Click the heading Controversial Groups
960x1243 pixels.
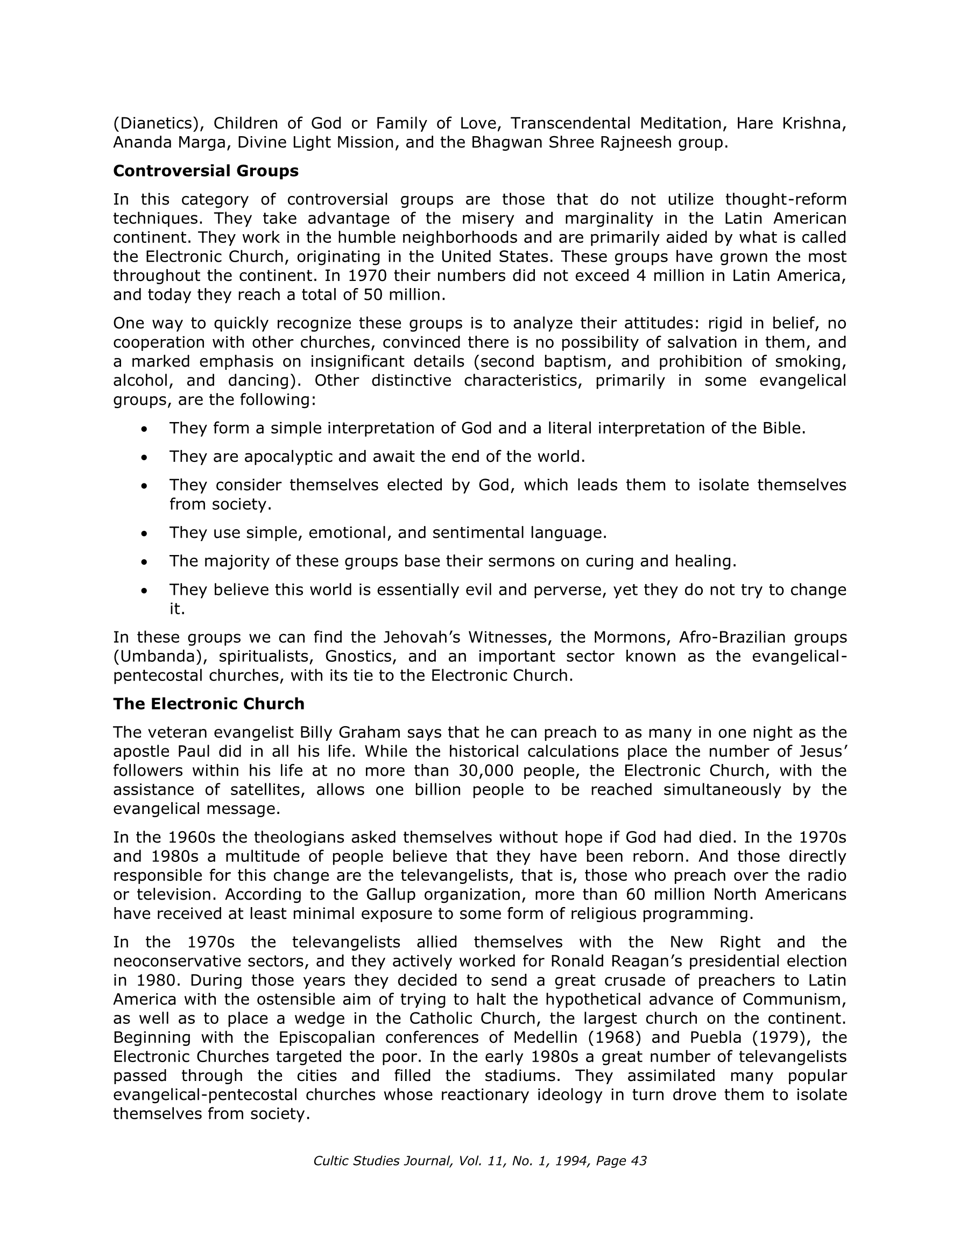point(206,171)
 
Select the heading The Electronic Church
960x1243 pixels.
point(208,704)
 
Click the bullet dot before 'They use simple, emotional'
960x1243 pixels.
point(145,534)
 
